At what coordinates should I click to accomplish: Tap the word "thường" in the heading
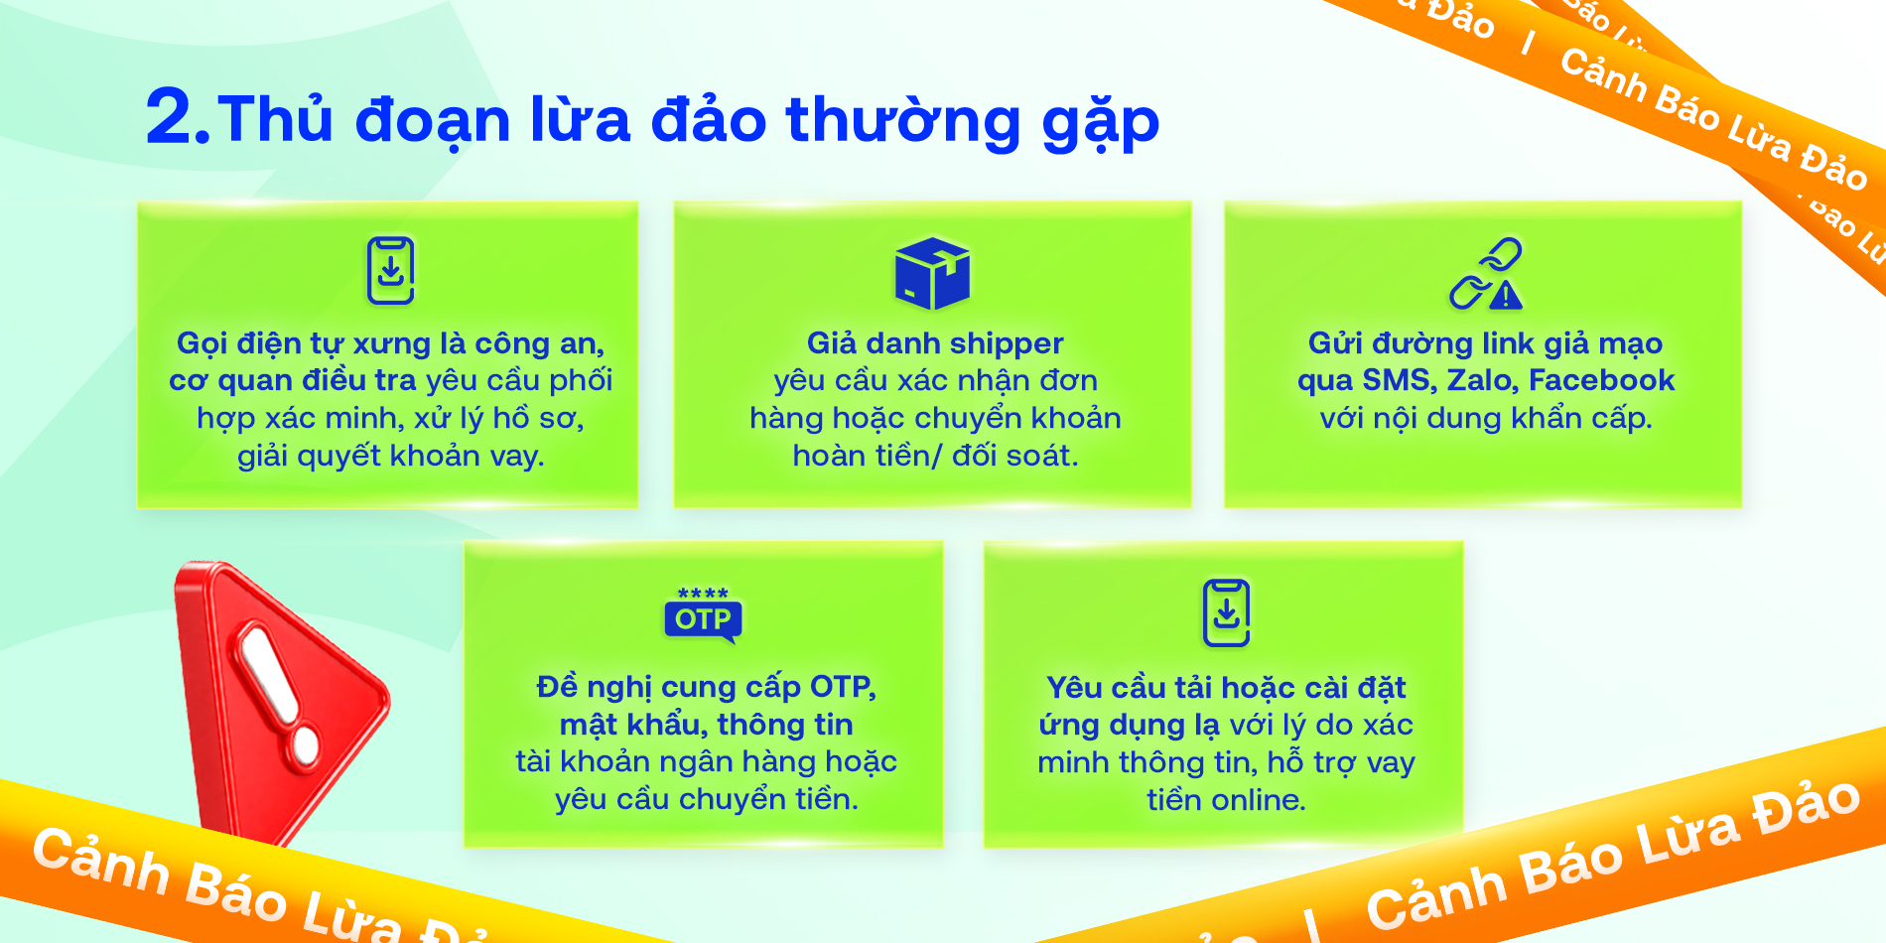pyautogui.click(x=903, y=119)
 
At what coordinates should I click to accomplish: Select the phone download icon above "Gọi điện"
pyautogui.click(x=391, y=270)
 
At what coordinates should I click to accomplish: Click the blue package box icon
pyautogui.click(x=932, y=273)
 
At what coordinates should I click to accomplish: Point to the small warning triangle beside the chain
pyautogui.click(x=1506, y=295)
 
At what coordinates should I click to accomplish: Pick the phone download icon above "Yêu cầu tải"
pyautogui.click(x=1227, y=612)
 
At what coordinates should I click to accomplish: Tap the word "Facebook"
pyautogui.click(x=1601, y=380)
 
